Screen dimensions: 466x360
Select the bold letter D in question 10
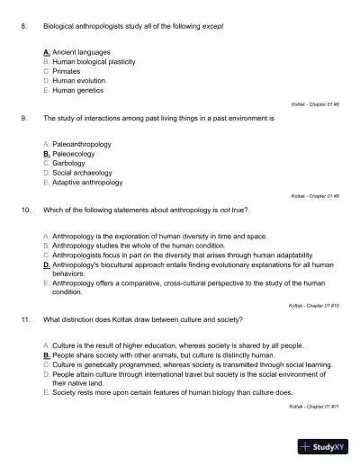[x=46, y=265]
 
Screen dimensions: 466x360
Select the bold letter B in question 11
[x=46, y=356]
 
